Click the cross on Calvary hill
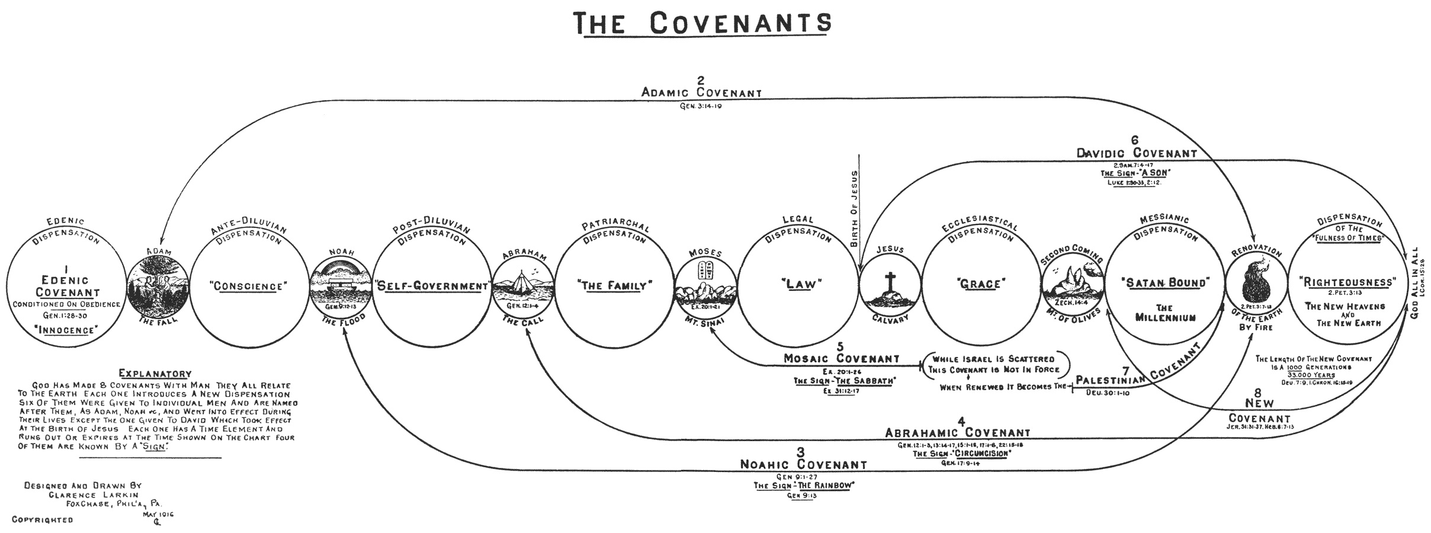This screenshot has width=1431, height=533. [x=889, y=282]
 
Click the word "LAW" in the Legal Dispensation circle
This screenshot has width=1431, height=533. [x=798, y=284]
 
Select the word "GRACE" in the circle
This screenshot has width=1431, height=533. [x=980, y=284]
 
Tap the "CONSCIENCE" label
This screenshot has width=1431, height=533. [x=249, y=286]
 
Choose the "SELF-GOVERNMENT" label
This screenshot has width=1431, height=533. [x=431, y=286]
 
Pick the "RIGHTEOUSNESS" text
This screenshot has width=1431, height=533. [x=1347, y=282]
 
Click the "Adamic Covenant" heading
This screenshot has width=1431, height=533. [x=701, y=92]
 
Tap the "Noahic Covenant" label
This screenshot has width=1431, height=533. [x=803, y=465]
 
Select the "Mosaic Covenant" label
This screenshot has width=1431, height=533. [x=841, y=358]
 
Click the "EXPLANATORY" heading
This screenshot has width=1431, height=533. [x=155, y=374]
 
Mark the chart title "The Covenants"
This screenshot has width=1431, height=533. [x=704, y=23]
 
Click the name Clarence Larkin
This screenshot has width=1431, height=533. [x=95, y=495]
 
